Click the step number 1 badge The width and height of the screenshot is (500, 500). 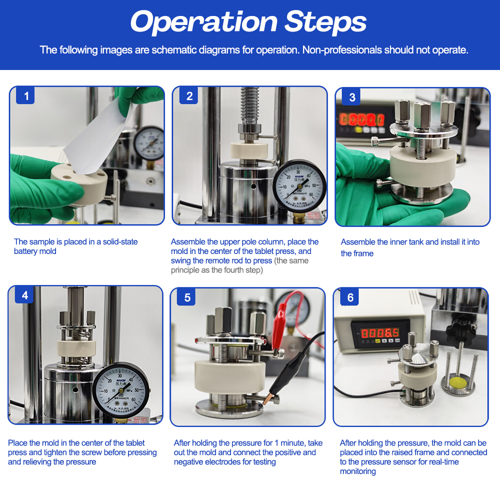[25, 95]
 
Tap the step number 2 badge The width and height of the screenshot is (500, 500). [189, 95]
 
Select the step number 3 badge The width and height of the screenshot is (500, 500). [351, 97]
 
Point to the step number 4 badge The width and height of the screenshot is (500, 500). [24, 295]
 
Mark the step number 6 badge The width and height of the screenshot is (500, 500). [350, 297]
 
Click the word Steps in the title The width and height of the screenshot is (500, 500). [325, 22]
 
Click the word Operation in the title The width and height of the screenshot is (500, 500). [204, 22]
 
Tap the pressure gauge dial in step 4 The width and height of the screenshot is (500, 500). [120, 390]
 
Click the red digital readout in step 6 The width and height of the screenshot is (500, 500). [379, 333]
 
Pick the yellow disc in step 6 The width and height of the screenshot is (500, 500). [458, 381]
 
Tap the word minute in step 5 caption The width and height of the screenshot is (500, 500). [293, 443]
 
